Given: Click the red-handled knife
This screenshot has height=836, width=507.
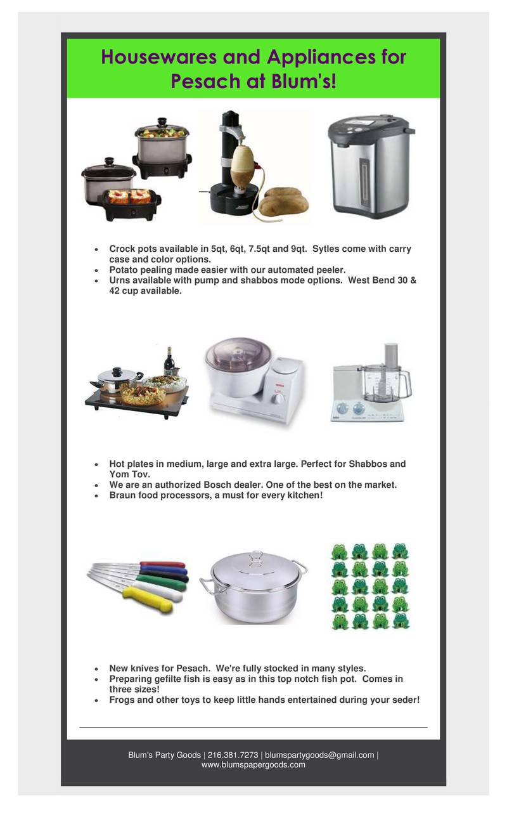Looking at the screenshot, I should coord(162,564).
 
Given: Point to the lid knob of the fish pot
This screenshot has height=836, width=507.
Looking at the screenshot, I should coord(255,556).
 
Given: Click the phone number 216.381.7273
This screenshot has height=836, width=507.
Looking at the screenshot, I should coord(233,755).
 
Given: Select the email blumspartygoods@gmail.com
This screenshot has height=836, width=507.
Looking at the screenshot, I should coord(319,755).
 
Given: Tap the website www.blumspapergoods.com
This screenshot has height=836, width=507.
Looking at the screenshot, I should coord(253,765).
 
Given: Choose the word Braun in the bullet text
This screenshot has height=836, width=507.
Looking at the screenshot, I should coord(123,495).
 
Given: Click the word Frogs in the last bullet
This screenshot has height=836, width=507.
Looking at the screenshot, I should coord(123,700).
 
